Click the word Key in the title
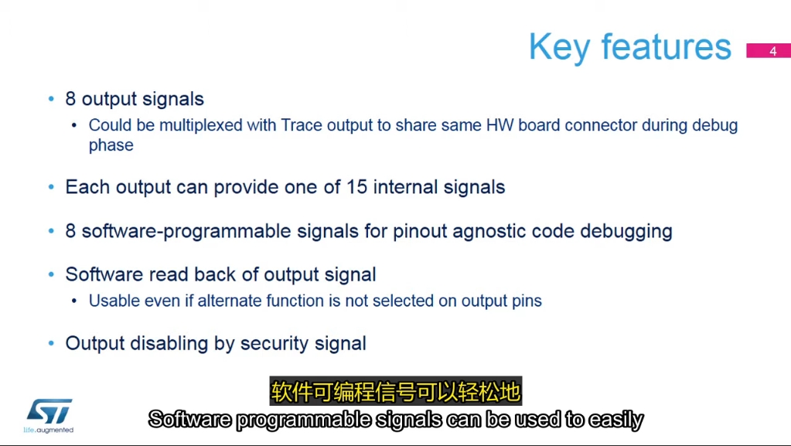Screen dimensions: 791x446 (560, 48)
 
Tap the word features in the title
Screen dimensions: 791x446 (667, 46)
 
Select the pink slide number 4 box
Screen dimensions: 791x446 (769, 50)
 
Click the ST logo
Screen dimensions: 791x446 (49, 412)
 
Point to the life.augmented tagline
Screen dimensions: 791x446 (49, 431)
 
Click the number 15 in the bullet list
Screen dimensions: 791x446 (356, 187)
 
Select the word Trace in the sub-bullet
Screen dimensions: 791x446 (301, 125)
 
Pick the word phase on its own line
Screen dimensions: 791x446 (111, 145)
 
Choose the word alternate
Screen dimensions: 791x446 (229, 301)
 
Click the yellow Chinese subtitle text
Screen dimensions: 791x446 (396, 392)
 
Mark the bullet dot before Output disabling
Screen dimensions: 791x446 (51, 343)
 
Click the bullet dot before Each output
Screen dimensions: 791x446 (51, 187)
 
